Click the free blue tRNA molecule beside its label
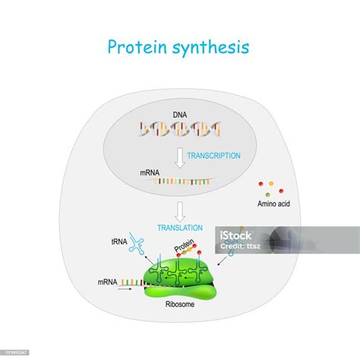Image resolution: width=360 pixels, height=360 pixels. (137, 242)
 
